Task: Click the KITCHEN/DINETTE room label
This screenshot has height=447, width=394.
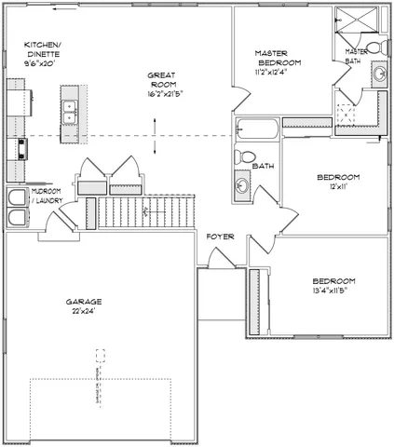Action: [44, 49]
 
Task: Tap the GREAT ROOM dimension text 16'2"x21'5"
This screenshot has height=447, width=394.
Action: [164, 94]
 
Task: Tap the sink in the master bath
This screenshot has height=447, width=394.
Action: [380, 74]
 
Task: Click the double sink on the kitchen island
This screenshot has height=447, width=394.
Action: [70, 112]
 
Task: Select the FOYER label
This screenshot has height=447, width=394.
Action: [221, 237]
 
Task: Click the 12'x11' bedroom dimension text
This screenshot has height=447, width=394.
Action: [332, 187]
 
